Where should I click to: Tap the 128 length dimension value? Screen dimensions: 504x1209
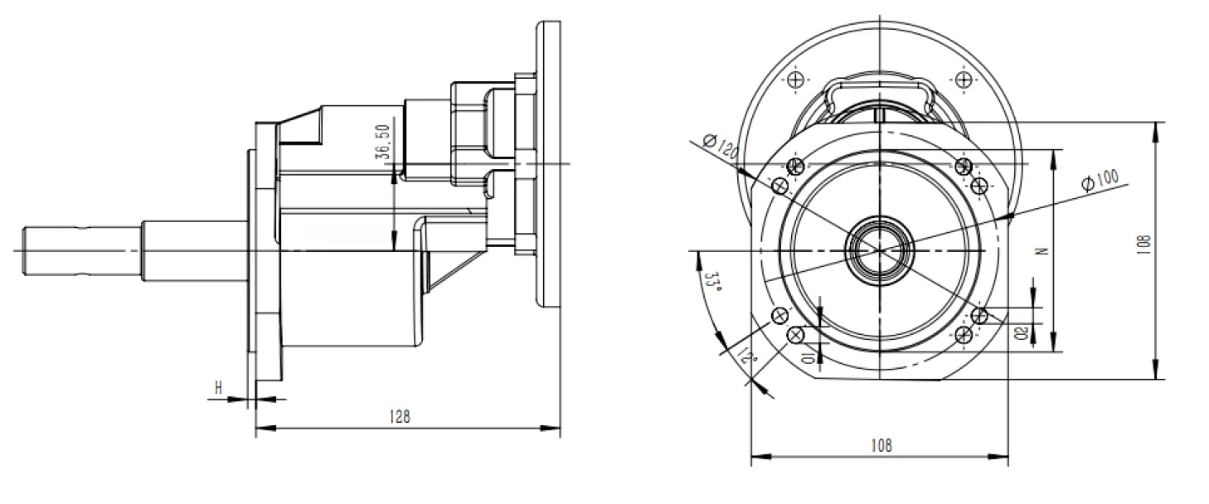[401, 417]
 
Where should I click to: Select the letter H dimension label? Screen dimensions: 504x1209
[219, 387]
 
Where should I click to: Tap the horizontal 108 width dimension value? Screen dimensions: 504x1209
[881, 445]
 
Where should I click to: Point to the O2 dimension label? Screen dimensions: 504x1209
[1021, 332]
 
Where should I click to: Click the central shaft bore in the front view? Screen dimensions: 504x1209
[879, 249]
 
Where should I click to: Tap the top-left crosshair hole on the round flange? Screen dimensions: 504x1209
[797, 80]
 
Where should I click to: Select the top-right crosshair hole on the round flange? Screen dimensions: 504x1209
[963, 80]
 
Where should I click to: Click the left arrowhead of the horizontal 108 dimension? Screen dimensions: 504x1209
[756, 456]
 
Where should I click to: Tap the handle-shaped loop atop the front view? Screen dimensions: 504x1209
[879, 90]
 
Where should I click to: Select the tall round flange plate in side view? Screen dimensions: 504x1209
[548, 166]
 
